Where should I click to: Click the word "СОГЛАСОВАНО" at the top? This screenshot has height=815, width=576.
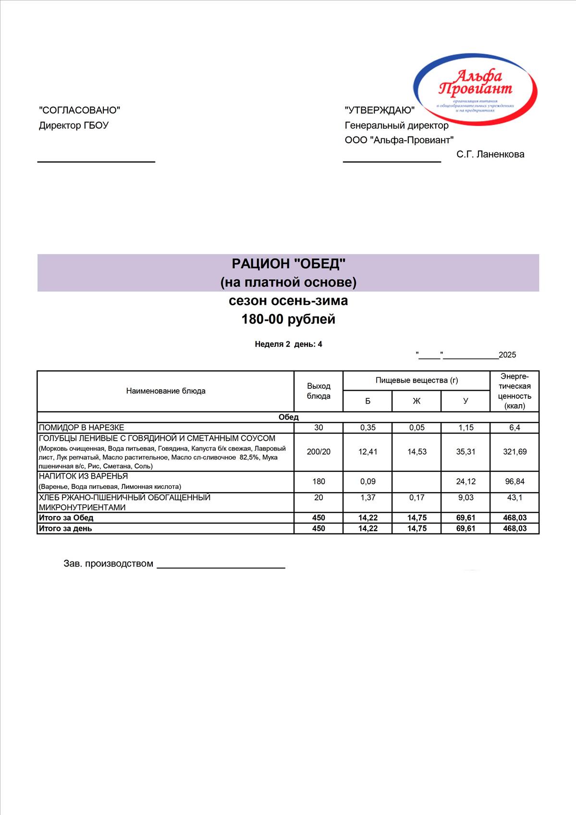pos(79,111)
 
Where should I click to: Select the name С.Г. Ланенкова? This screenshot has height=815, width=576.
pos(490,154)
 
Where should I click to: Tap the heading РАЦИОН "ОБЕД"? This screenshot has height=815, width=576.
pos(288,264)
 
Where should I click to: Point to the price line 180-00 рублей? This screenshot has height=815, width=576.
pos(288,320)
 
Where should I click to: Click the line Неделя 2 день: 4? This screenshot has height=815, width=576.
pos(288,344)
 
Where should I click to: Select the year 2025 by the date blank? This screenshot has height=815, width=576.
pos(507,355)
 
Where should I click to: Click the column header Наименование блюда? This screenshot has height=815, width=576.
pos(166,391)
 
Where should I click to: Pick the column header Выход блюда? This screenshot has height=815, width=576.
pos(319,391)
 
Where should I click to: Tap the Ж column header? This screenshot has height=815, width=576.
pos(417,401)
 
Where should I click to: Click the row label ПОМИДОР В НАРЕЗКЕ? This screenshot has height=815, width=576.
pos(82,428)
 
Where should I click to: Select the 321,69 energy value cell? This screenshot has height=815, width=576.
pos(515,452)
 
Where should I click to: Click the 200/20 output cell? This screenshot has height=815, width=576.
pos(319,452)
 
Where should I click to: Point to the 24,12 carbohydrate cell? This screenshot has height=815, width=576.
pos(466,482)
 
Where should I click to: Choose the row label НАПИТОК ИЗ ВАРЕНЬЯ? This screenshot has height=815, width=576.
pos(83,476)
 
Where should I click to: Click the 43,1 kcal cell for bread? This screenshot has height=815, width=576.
pos(515,498)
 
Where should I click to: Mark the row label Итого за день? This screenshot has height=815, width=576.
pos(65,529)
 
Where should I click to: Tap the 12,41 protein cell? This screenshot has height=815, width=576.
pos(368,452)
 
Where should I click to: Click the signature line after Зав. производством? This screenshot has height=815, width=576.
pos(221,568)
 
